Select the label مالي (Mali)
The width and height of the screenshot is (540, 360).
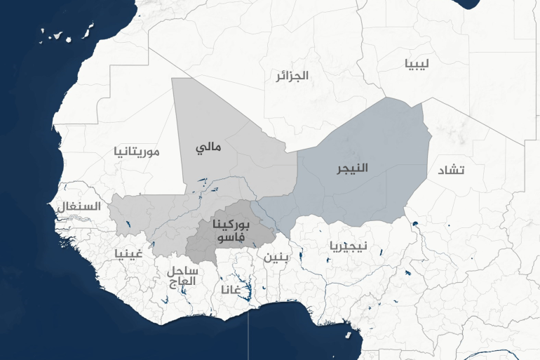pyautogui.click(x=208, y=148)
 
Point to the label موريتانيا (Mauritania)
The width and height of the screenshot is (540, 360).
pyautogui.click(x=137, y=151)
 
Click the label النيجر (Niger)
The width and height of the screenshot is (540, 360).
pyautogui.click(x=351, y=168)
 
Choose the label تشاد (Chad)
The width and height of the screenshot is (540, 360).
pyautogui.click(x=451, y=171)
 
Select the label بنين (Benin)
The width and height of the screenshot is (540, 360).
pyautogui.click(x=276, y=256)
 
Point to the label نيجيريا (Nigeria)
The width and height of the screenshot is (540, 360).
pyautogui.click(x=348, y=246)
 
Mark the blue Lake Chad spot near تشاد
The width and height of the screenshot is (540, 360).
pyautogui.click(x=414, y=225)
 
